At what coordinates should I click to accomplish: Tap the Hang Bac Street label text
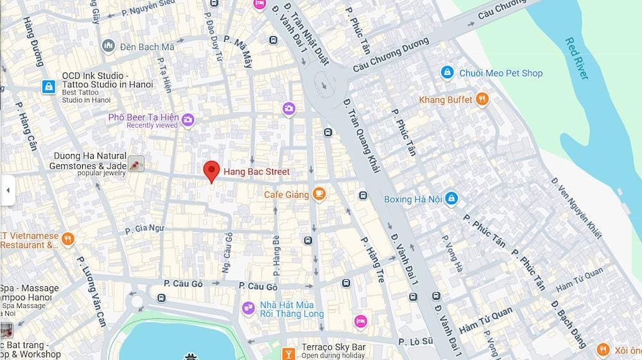pos(256,172)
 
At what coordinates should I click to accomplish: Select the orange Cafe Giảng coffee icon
pos(319,194)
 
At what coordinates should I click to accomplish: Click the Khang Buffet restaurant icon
pos(482,99)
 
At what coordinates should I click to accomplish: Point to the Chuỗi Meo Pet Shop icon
pos(447,73)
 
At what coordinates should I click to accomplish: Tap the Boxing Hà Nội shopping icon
pos(451,199)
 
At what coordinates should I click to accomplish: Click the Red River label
pos(576,58)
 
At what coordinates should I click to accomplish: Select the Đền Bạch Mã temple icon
pos(108,46)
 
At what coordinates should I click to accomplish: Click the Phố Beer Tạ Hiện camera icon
pos(187,119)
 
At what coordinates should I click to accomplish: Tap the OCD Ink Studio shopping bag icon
pos(48,87)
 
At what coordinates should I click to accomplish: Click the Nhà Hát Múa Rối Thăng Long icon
pos(248,309)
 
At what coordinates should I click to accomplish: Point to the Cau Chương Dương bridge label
pos(390,55)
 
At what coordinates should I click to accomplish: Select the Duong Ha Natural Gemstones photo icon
pos(135,164)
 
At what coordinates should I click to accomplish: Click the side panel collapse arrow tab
pos(8,191)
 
